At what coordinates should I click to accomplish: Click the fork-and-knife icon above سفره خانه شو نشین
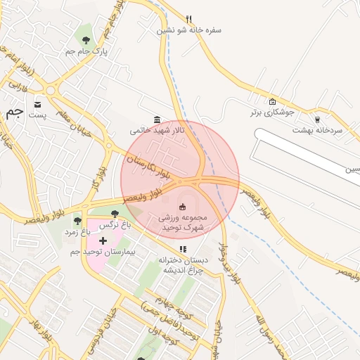coord(188,19)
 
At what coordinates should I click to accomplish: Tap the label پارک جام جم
coord(84,52)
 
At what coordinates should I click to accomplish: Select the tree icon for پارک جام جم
coord(86,40)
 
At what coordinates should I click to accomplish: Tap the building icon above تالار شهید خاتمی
coord(156,120)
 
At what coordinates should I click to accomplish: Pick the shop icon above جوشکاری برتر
coord(272,101)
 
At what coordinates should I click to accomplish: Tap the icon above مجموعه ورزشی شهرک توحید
coord(183,207)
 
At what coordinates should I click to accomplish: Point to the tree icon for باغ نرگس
coord(115,213)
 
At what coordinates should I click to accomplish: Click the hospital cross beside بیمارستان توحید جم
coord(103,240)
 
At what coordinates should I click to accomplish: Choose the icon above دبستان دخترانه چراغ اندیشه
coord(183,249)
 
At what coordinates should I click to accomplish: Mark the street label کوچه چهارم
coord(168,309)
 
